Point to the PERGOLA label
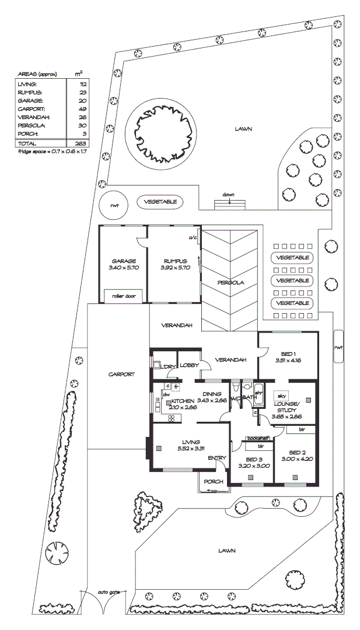[230, 282]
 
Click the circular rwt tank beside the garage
[114, 205]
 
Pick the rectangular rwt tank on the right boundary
[338, 346]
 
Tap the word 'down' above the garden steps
[228, 195]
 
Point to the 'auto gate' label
[109, 592]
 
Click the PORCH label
[213, 482]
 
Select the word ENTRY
[216, 458]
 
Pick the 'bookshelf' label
[257, 437]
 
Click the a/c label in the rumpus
[191, 238]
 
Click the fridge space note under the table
[53, 151]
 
